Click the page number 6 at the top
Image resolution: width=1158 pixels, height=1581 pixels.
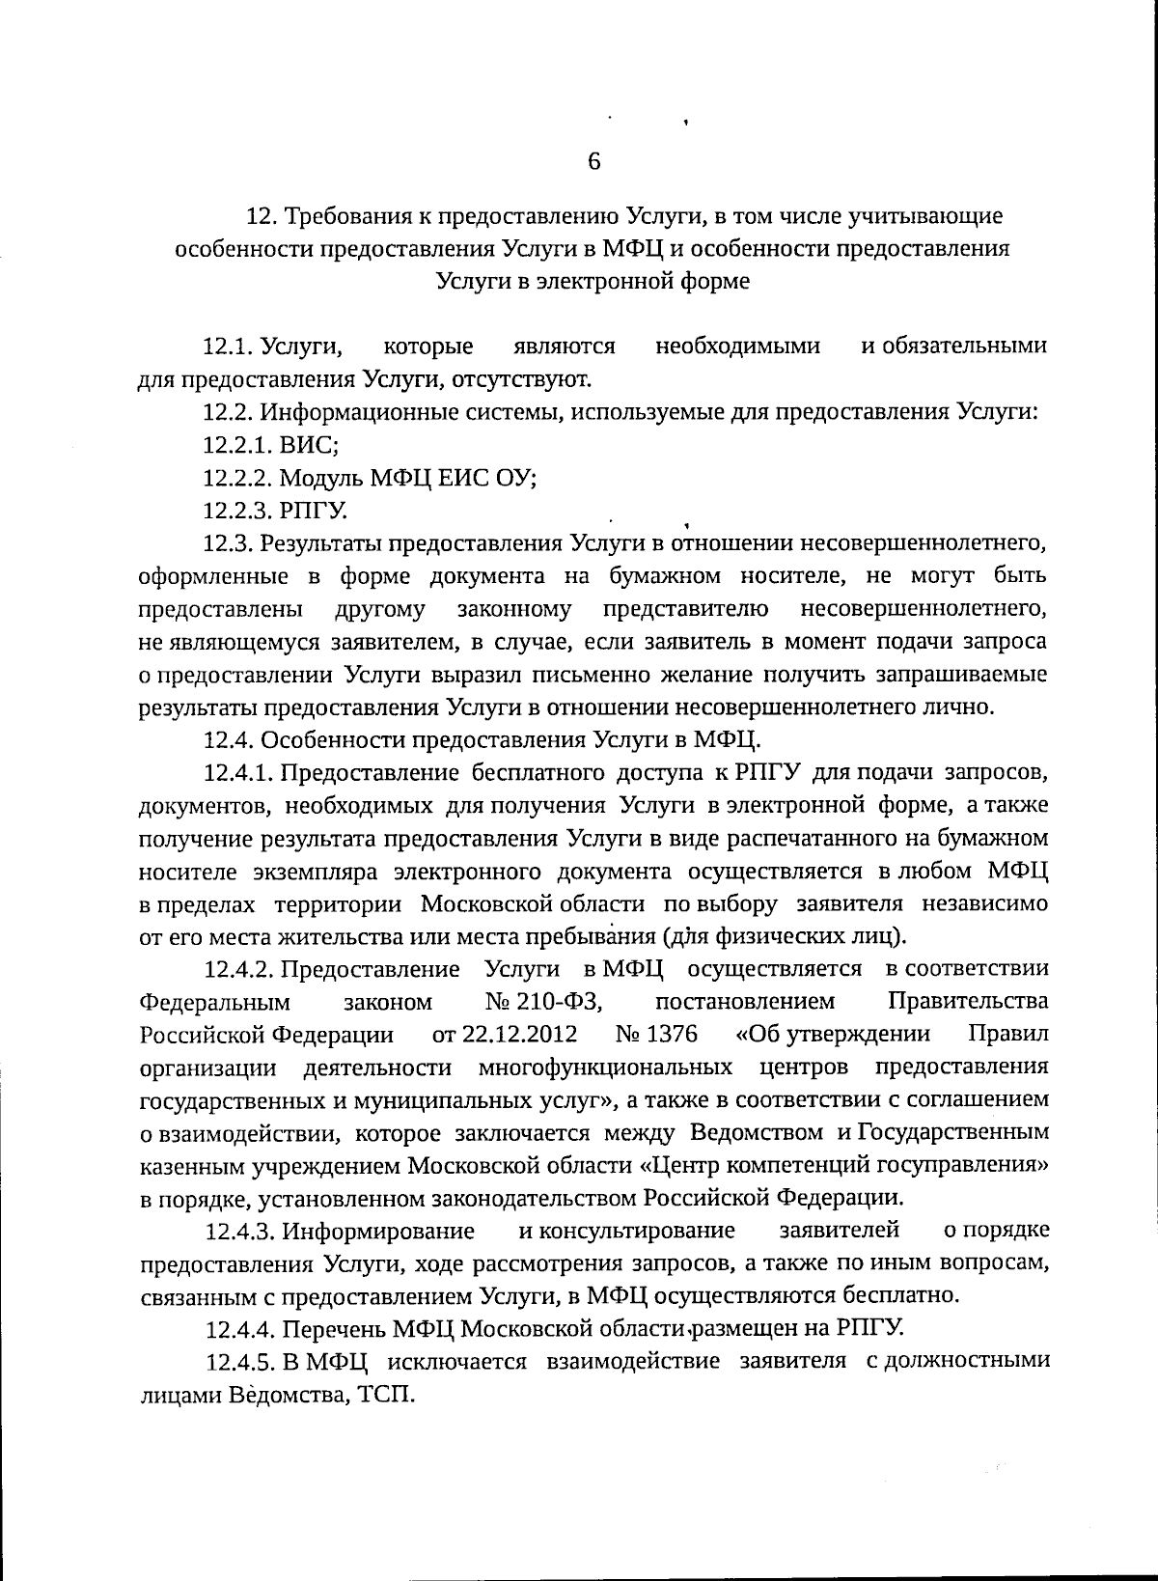tap(593, 161)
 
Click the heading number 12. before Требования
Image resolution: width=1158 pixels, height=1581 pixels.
tap(264, 215)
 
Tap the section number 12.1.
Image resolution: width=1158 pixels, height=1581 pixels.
tap(228, 346)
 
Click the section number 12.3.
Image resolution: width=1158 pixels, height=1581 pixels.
tap(228, 542)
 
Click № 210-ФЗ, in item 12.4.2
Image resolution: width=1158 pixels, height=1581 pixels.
tap(545, 1002)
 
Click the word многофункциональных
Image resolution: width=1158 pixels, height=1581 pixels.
tap(604, 1068)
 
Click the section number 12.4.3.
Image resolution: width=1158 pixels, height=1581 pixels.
tap(238, 1232)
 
